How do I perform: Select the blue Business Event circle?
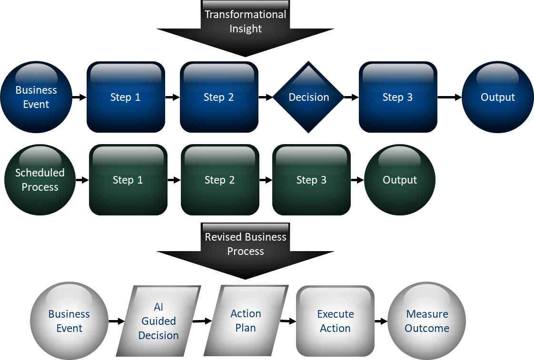tap(36, 97)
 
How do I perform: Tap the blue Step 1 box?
tap(126, 97)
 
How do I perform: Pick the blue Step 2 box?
tap(219, 97)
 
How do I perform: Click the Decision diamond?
tap(308, 97)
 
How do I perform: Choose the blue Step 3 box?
tap(398, 97)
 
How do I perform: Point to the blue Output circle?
tap(497, 97)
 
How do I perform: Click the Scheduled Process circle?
tap(40, 180)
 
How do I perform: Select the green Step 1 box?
tap(128, 180)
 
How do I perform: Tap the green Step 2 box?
tap(220, 180)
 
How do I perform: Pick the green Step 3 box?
tap(311, 180)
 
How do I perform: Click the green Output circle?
tap(400, 180)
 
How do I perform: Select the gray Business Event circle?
tap(69, 321)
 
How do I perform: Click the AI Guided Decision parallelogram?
tap(158, 321)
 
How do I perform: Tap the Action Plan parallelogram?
tap(246, 321)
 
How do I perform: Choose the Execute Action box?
tap(335, 321)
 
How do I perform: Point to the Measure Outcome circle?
tap(427, 321)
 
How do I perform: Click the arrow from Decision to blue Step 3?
tap(351, 97)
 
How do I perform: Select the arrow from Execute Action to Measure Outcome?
tap(381, 321)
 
